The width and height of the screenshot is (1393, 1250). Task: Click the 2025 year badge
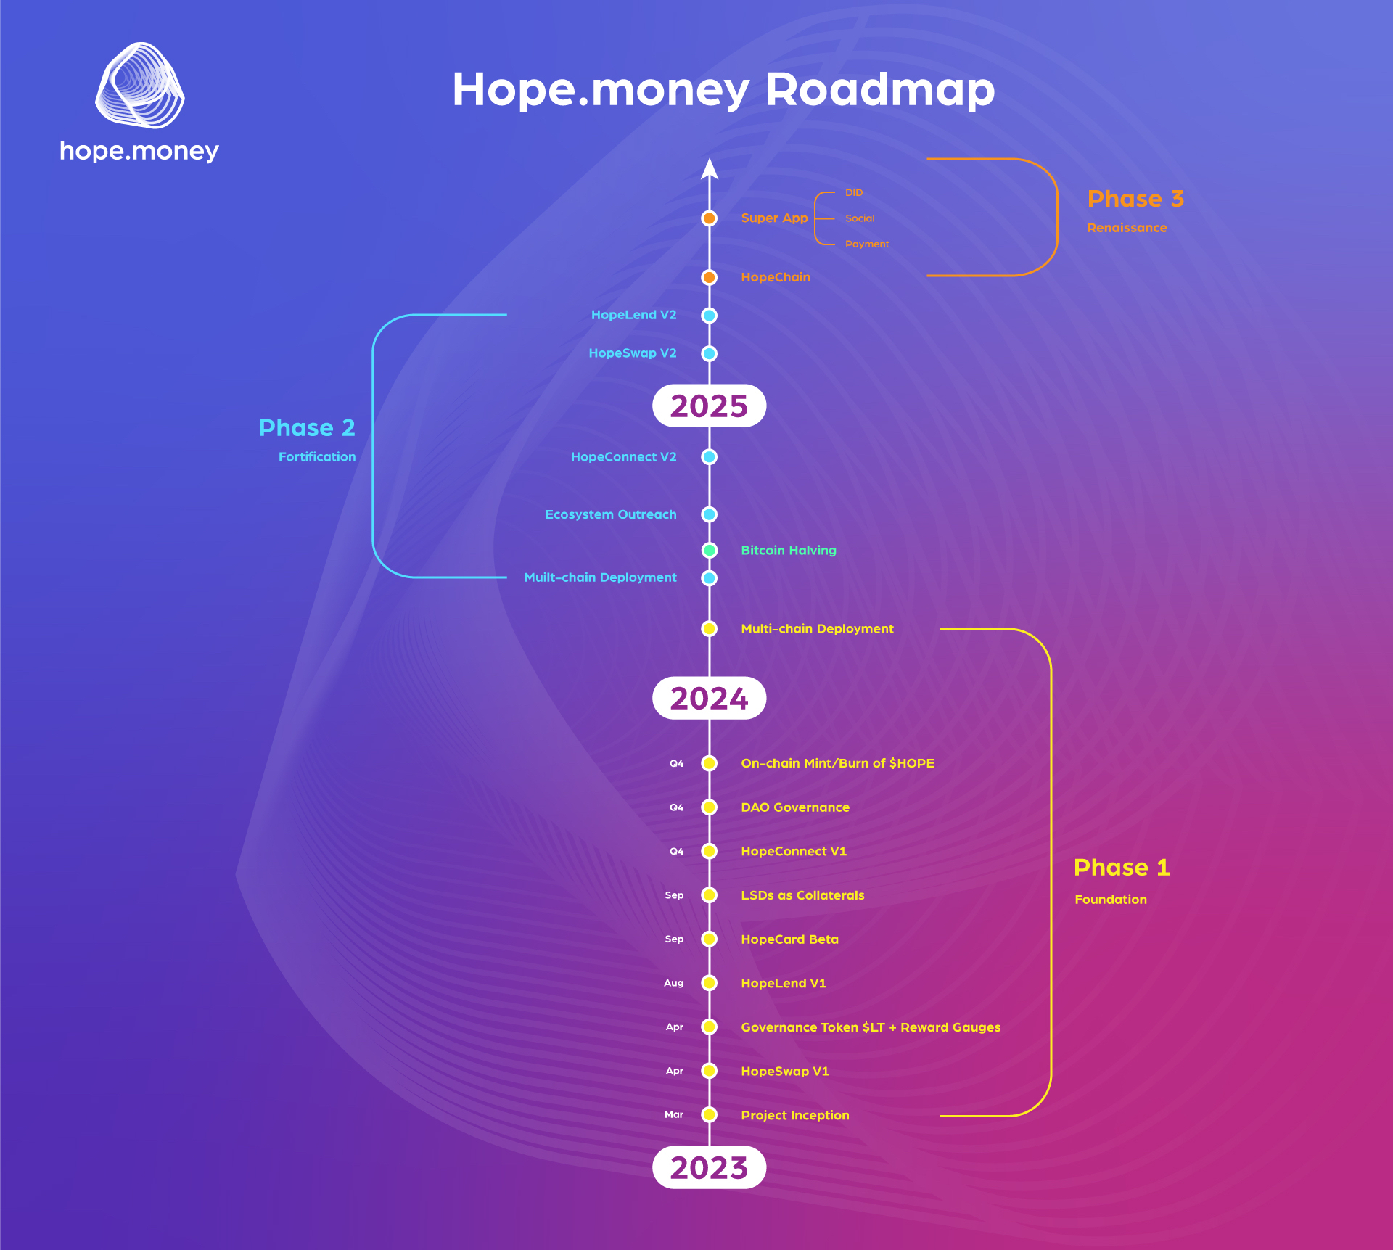click(709, 406)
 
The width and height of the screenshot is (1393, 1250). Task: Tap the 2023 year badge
click(709, 1167)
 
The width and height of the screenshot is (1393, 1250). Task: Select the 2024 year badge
click(709, 698)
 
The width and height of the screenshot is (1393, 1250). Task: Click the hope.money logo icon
click(140, 85)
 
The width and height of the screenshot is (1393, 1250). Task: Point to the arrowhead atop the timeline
click(710, 168)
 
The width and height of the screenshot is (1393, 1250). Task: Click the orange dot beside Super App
click(710, 218)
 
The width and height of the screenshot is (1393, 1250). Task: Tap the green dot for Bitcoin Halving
click(710, 551)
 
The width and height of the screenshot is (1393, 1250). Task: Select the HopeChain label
click(776, 277)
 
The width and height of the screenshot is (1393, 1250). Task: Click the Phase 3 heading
click(1135, 199)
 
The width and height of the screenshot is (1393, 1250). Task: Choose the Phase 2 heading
click(307, 427)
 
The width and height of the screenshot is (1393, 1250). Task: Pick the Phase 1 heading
click(1122, 867)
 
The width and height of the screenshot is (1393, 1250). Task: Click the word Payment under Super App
click(867, 244)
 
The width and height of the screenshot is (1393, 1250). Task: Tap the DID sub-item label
click(854, 192)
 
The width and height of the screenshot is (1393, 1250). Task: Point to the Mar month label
click(674, 1114)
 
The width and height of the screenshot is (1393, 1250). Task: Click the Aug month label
click(674, 983)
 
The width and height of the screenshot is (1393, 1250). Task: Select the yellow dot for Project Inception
click(710, 1115)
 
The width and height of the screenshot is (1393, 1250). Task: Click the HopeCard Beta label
click(789, 939)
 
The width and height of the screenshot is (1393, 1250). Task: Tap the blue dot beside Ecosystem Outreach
click(710, 514)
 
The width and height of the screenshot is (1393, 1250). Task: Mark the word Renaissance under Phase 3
click(1127, 228)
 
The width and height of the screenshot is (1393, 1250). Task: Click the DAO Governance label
click(795, 807)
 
